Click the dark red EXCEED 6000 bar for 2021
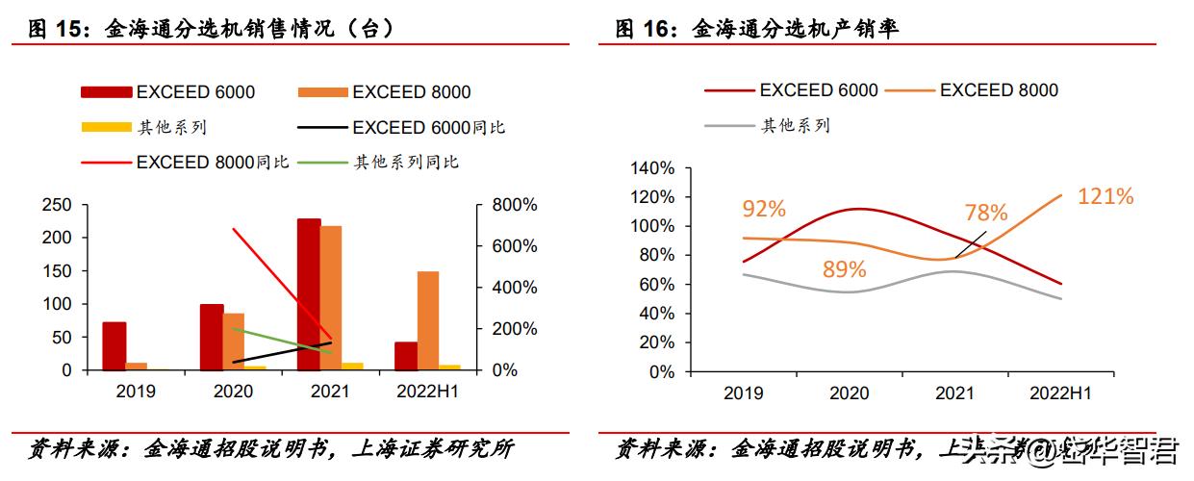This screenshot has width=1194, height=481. [309, 294]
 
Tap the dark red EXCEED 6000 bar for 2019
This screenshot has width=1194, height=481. [114, 345]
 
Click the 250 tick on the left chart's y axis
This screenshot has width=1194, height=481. [60, 205]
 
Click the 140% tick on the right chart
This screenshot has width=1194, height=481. [652, 168]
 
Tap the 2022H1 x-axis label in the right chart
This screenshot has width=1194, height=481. [1059, 393]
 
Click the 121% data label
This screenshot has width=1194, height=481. [1105, 196]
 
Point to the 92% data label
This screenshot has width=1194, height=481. [764, 209]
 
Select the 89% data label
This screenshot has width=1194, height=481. [845, 269]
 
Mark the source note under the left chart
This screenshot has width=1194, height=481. [270, 449]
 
